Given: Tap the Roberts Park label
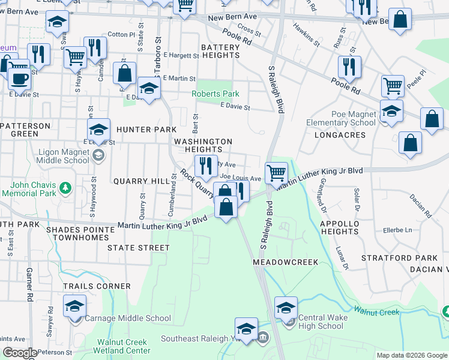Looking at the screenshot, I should click(215, 94).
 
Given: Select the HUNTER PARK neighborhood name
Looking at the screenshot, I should click(146, 130).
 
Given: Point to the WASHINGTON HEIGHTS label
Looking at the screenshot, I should click(203, 145).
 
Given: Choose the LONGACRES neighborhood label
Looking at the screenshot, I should click(340, 135).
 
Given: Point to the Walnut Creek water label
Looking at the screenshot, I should click(376, 311).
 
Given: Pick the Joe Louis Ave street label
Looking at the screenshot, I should click(241, 178).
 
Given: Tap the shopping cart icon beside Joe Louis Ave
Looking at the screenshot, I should click(276, 172).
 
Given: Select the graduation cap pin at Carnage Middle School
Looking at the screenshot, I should click(74, 305).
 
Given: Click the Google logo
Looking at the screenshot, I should click(19, 353).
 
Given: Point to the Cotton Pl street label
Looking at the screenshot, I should click(122, 35).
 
